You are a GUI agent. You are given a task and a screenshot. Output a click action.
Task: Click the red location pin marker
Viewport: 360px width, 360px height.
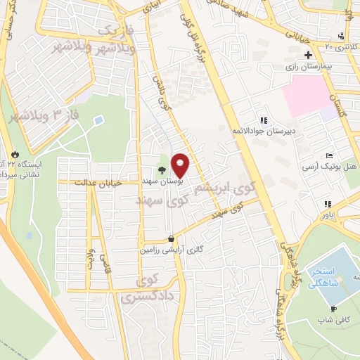pyautogui.click(x=181, y=165)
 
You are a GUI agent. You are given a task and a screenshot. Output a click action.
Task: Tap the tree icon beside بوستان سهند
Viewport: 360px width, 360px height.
pyautogui.click(x=162, y=169)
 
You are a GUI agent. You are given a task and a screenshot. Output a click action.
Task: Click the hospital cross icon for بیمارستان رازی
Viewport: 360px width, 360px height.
pyautogui.click(x=307, y=54)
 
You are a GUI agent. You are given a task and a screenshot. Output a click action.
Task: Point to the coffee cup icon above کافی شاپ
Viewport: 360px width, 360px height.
pyautogui.click(x=333, y=309)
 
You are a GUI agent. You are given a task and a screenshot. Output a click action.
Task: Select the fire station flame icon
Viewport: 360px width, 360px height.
pyautogui.click(x=15, y=153)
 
